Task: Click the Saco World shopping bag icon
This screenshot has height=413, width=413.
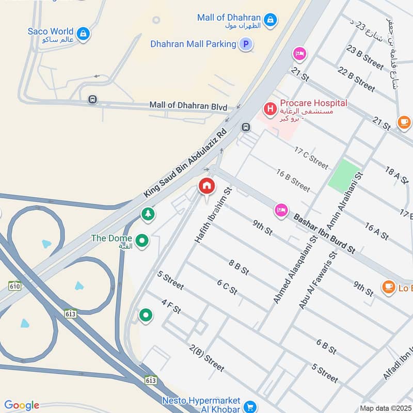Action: [x=83, y=35]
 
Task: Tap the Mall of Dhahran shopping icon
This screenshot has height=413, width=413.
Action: [x=269, y=21]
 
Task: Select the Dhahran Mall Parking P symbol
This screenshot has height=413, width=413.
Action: [x=246, y=44]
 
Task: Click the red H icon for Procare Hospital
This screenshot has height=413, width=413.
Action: [x=269, y=109]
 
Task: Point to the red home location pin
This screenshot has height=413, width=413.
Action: [x=206, y=186]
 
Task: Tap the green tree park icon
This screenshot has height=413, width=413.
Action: [x=148, y=213]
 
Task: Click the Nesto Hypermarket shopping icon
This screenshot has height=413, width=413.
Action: [x=250, y=407]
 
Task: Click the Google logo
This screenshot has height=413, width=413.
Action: [x=22, y=405]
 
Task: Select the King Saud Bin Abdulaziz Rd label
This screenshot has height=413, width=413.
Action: [x=185, y=162]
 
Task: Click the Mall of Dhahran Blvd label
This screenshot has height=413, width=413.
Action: [x=188, y=106]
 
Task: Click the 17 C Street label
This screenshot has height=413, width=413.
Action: [x=311, y=157]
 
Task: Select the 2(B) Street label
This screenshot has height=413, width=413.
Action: [x=206, y=358]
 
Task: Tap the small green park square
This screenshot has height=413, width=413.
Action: [x=343, y=176]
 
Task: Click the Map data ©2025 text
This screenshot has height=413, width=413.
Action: [x=385, y=408]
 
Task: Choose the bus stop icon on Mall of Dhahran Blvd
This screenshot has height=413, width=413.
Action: [x=92, y=99]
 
